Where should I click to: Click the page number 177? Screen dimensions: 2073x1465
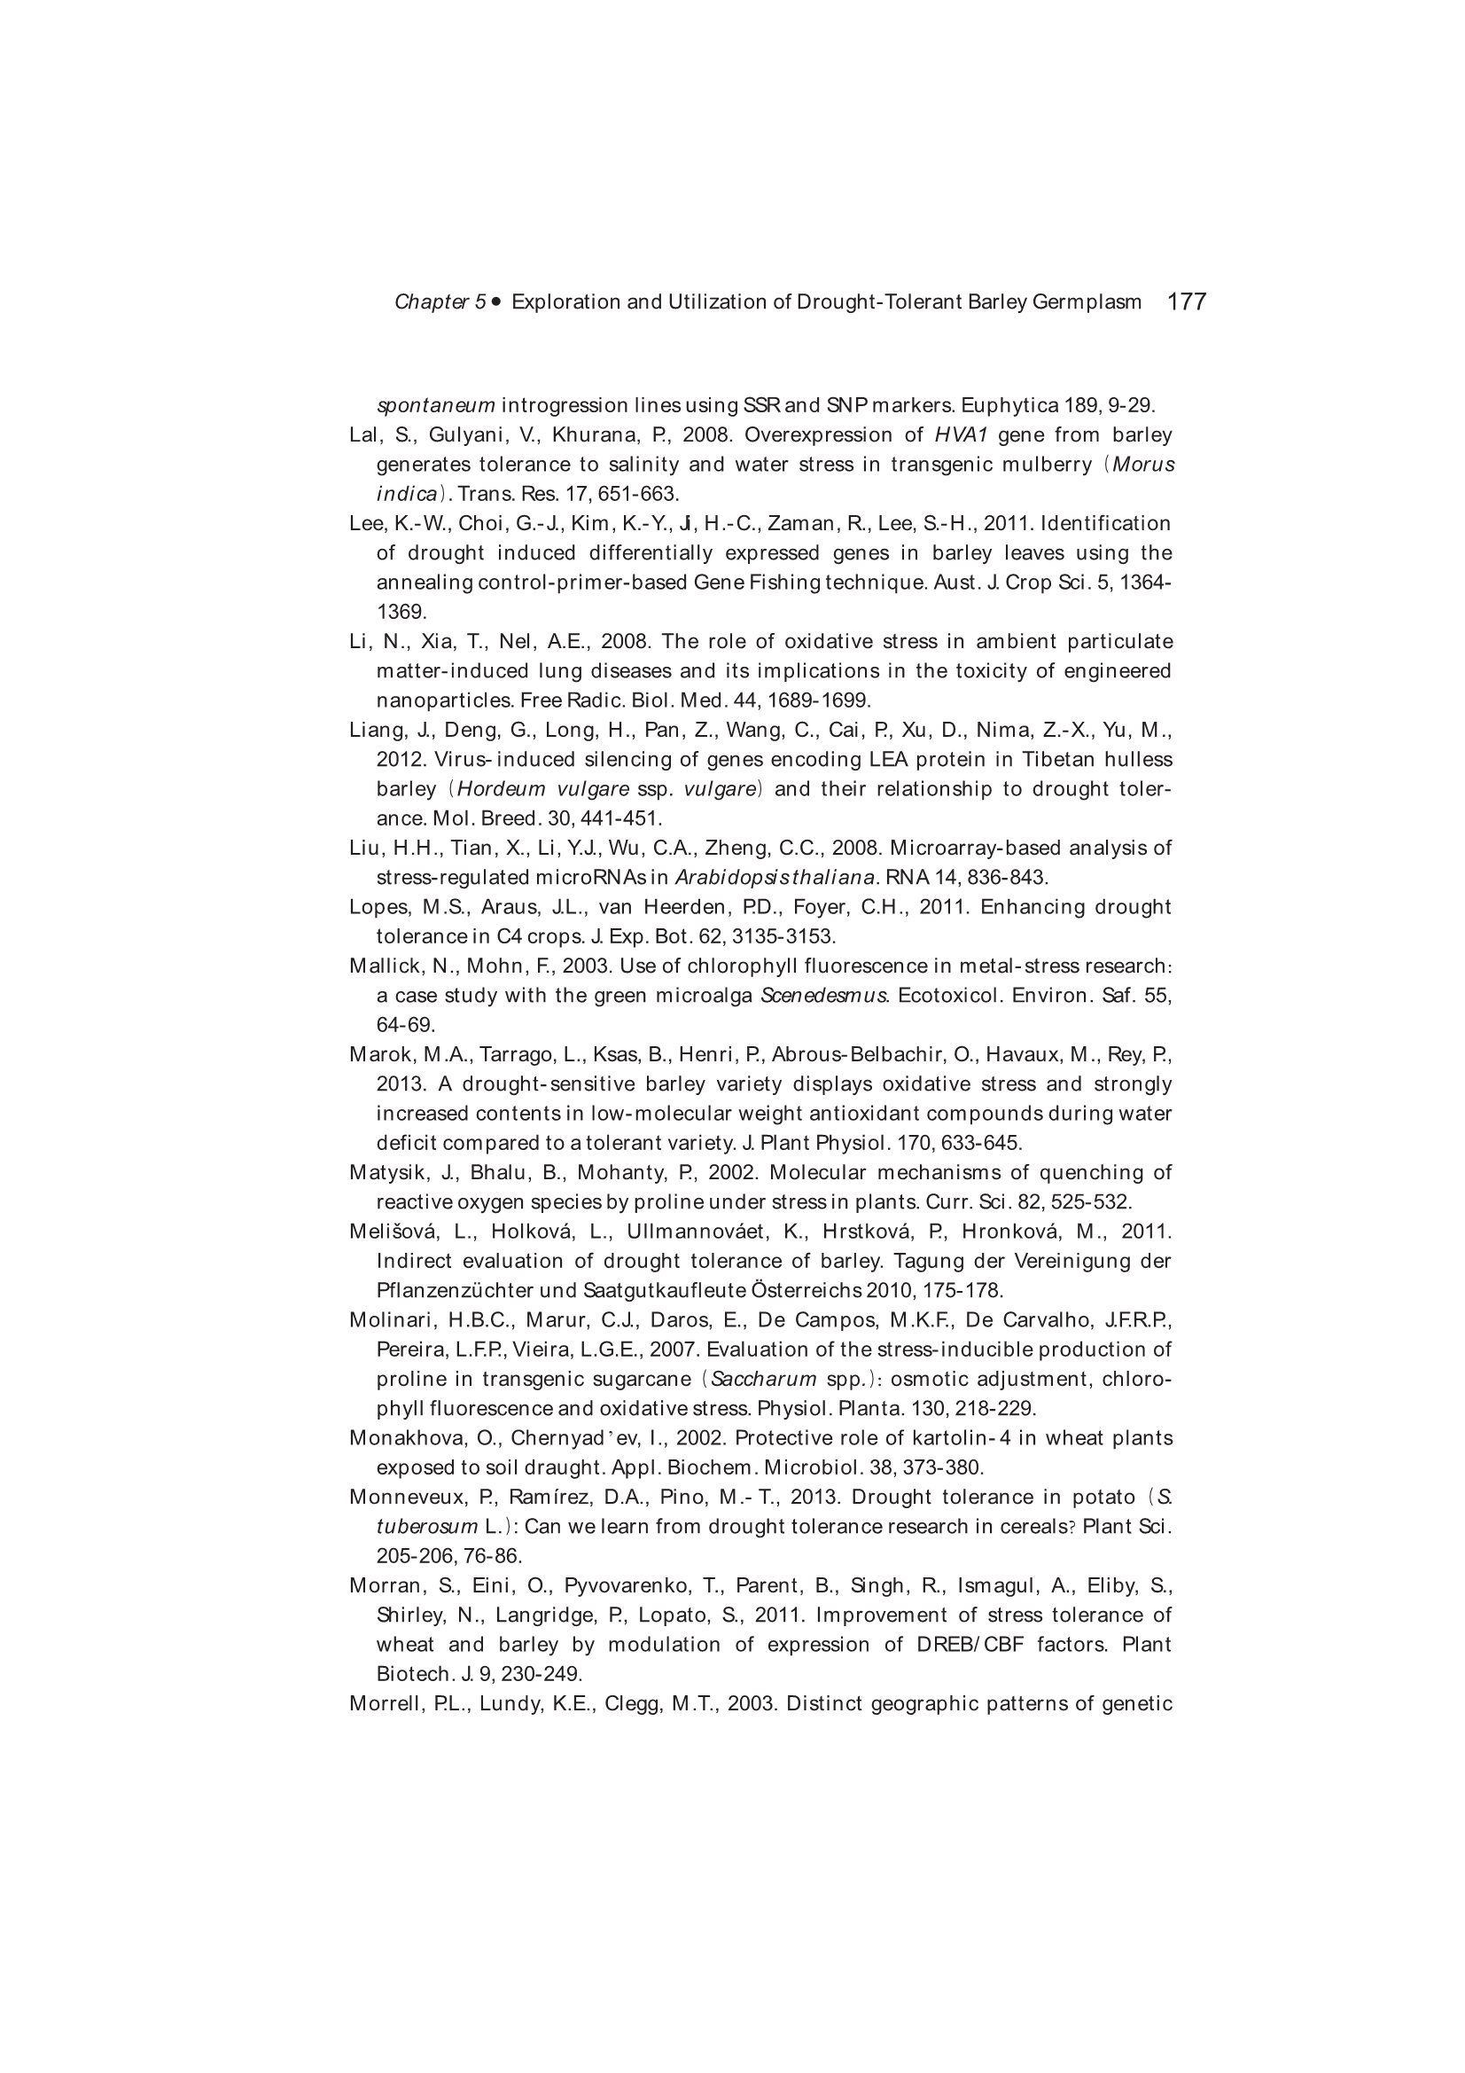1186,301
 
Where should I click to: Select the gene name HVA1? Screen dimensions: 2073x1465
962,435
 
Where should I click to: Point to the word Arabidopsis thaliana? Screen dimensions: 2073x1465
775,878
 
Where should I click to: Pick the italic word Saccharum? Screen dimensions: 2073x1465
764,1379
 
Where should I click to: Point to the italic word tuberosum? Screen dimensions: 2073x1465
427,1527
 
